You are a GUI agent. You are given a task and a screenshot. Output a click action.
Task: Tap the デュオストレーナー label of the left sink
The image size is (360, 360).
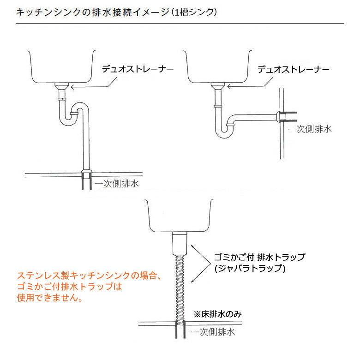138,69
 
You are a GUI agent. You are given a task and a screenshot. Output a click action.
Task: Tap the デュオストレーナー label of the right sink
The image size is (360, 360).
293,69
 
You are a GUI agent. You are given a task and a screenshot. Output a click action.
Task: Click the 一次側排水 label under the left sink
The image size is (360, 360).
117,183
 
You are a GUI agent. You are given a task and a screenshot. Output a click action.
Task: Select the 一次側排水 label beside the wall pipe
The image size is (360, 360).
310,129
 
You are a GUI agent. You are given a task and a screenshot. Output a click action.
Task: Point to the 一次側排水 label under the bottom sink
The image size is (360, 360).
213,332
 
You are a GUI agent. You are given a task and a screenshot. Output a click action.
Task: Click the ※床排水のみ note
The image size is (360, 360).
218,314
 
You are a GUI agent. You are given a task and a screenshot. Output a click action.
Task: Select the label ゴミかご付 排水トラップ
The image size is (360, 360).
260,257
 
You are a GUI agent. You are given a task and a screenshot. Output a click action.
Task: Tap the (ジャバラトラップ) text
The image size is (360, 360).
250,268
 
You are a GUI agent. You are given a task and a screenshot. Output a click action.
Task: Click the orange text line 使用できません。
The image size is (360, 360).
50,298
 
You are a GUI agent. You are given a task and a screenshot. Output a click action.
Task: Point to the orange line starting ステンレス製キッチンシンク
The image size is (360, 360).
90,275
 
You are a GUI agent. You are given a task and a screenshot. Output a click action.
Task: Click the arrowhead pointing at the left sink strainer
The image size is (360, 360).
72,87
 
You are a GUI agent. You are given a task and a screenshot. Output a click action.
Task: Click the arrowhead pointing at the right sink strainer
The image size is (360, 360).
228,87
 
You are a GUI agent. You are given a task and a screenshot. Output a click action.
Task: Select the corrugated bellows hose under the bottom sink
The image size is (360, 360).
180,289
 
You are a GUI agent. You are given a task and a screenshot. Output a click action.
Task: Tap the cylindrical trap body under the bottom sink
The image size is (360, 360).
180,243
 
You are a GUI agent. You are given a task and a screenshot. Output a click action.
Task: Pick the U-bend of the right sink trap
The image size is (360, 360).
224,133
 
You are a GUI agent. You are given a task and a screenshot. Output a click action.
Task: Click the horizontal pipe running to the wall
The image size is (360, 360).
255,118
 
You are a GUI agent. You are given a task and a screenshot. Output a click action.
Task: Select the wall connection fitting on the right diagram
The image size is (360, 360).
282,117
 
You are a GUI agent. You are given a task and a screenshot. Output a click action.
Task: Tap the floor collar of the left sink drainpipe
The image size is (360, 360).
87,174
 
